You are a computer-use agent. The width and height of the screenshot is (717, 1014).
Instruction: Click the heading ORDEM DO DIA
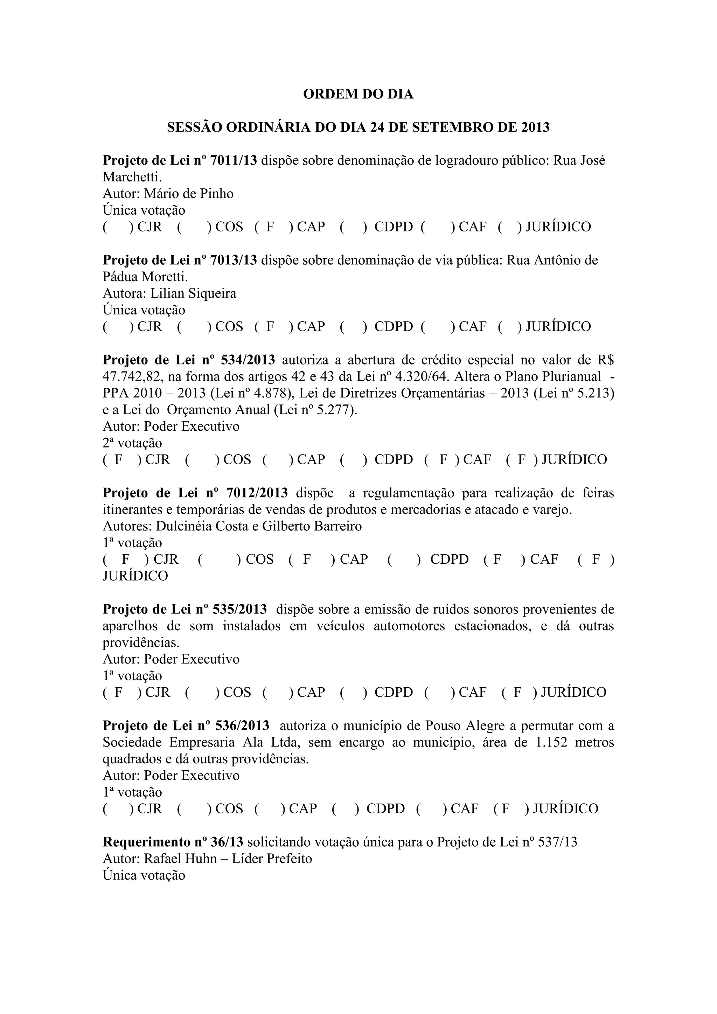click(x=358, y=95)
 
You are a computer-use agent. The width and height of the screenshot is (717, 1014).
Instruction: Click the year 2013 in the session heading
click(x=535, y=128)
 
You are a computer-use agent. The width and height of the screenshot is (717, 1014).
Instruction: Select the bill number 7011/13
click(x=233, y=160)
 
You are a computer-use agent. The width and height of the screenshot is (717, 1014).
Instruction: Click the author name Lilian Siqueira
click(x=193, y=293)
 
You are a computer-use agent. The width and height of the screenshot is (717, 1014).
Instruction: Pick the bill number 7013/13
click(x=233, y=260)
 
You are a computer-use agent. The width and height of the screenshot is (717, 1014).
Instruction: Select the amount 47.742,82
click(x=133, y=377)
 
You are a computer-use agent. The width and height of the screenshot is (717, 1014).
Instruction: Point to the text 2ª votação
click(x=132, y=443)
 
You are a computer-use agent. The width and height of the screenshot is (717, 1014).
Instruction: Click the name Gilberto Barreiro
click(x=312, y=526)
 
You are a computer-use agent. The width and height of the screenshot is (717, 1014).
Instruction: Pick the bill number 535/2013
click(x=240, y=610)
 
